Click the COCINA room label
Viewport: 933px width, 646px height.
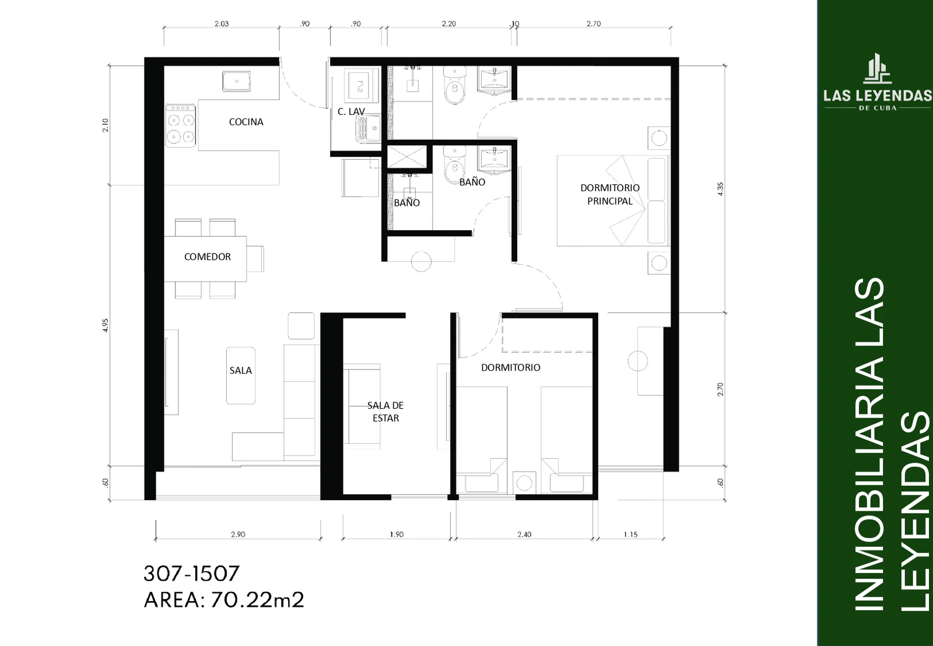tap(246, 122)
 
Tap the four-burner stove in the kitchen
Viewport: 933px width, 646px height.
tap(181, 125)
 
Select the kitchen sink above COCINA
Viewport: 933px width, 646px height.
tap(237, 81)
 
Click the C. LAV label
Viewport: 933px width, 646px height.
tap(351, 111)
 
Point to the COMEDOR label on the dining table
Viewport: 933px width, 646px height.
tap(208, 257)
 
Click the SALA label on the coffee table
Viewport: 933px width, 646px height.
tap(241, 370)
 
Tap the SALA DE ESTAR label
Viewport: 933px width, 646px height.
tap(385, 412)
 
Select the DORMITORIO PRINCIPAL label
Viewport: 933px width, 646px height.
tap(610, 194)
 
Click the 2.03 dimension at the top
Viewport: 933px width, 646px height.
tap(222, 24)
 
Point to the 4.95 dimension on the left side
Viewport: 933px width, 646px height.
tap(106, 325)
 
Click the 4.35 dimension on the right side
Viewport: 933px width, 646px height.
tap(721, 189)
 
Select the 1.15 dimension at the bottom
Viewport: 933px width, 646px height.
tap(630, 535)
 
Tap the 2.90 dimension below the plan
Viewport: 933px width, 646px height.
tap(238, 535)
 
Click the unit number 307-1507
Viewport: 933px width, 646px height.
tap(192, 574)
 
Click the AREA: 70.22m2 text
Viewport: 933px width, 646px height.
tap(224, 600)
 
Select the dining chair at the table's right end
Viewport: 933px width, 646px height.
tap(255, 259)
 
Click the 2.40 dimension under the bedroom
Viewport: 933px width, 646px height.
tap(524, 535)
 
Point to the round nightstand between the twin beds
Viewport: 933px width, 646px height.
tap(524, 483)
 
